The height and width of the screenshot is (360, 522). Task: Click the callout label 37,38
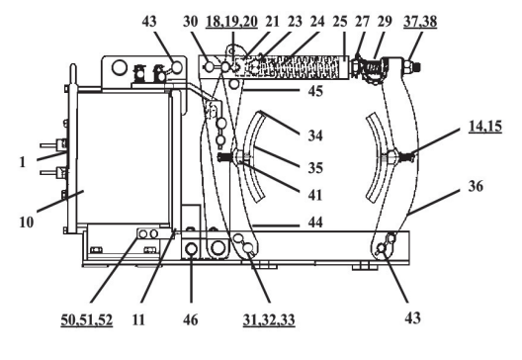coord(420,22)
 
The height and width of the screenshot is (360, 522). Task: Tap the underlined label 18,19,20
coord(231,22)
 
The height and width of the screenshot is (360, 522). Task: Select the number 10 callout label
coord(27,223)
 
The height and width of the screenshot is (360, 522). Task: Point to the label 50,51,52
coord(87,319)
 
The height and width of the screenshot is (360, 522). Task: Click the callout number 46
coord(191,319)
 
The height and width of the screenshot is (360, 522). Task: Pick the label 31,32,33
coord(269,319)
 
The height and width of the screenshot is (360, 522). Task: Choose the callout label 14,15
coord(485,127)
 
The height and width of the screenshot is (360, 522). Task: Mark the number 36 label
coord(476,186)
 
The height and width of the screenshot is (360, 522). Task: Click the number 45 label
coord(315,91)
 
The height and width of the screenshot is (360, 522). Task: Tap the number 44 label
coord(315,222)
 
